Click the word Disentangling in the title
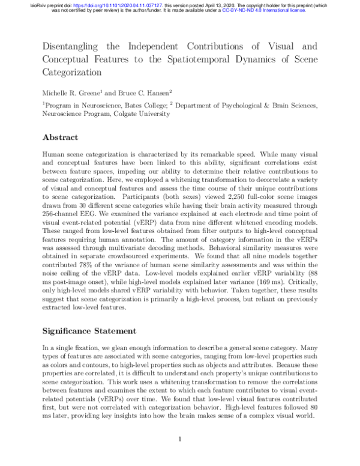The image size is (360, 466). (71, 46)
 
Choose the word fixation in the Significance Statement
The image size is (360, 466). (83, 348)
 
